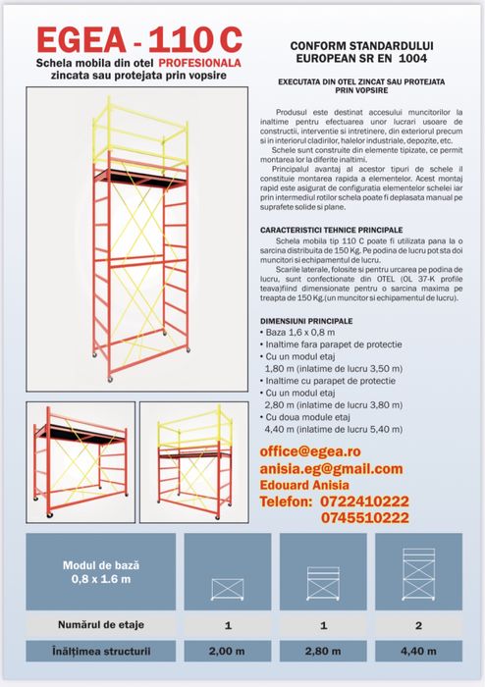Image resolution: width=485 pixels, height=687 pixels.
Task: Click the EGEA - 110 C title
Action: pyautogui.click(x=137, y=38)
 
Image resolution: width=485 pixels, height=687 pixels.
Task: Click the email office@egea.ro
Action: pyautogui.click(x=310, y=450)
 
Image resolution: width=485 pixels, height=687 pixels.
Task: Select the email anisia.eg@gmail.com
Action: pyautogui.click(x=331, y=468)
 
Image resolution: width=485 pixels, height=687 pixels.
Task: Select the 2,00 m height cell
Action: pyautogui.click(x=227, y=650)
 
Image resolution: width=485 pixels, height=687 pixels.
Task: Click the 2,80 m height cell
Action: pyautogui.click(x=323, y=650)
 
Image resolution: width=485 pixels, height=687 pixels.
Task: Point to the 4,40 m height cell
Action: pyautogui.click(x=418, y=650)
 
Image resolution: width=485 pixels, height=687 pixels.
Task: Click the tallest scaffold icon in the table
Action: pyautogui.click(x=418, y=572)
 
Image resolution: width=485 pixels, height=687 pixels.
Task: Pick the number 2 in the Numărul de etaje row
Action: pyautogui.click(x=418, y=624)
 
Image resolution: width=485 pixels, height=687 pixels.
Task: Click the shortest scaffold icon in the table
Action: pyautogui.click(x=227, y=587)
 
